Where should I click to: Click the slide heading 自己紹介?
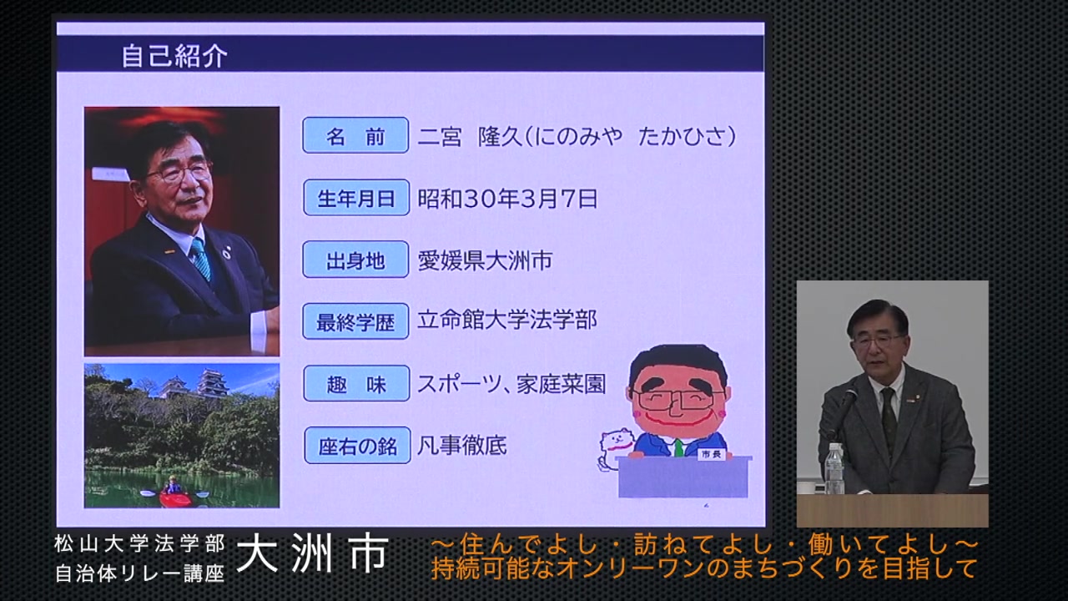[174, 55]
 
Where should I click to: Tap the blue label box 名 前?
[355, 135]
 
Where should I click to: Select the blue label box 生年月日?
[356, 198]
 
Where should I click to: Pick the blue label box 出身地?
[355, 260]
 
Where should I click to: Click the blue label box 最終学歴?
[355, 321]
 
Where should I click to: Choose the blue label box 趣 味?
[356, 383]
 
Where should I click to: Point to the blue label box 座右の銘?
[358, 446]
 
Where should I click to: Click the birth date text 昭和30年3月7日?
[507, 198]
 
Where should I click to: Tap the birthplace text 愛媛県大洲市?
[485, 260]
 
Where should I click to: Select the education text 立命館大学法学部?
[507, 320]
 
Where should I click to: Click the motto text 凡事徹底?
[462, 446]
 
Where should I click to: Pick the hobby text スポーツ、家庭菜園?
[511, 384]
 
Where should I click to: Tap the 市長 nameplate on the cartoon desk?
[711, 454]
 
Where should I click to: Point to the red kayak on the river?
[174, 499]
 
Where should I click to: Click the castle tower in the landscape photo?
[212, 382]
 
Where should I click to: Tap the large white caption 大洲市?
[312, 553]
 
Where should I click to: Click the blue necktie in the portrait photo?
[201, 258]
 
